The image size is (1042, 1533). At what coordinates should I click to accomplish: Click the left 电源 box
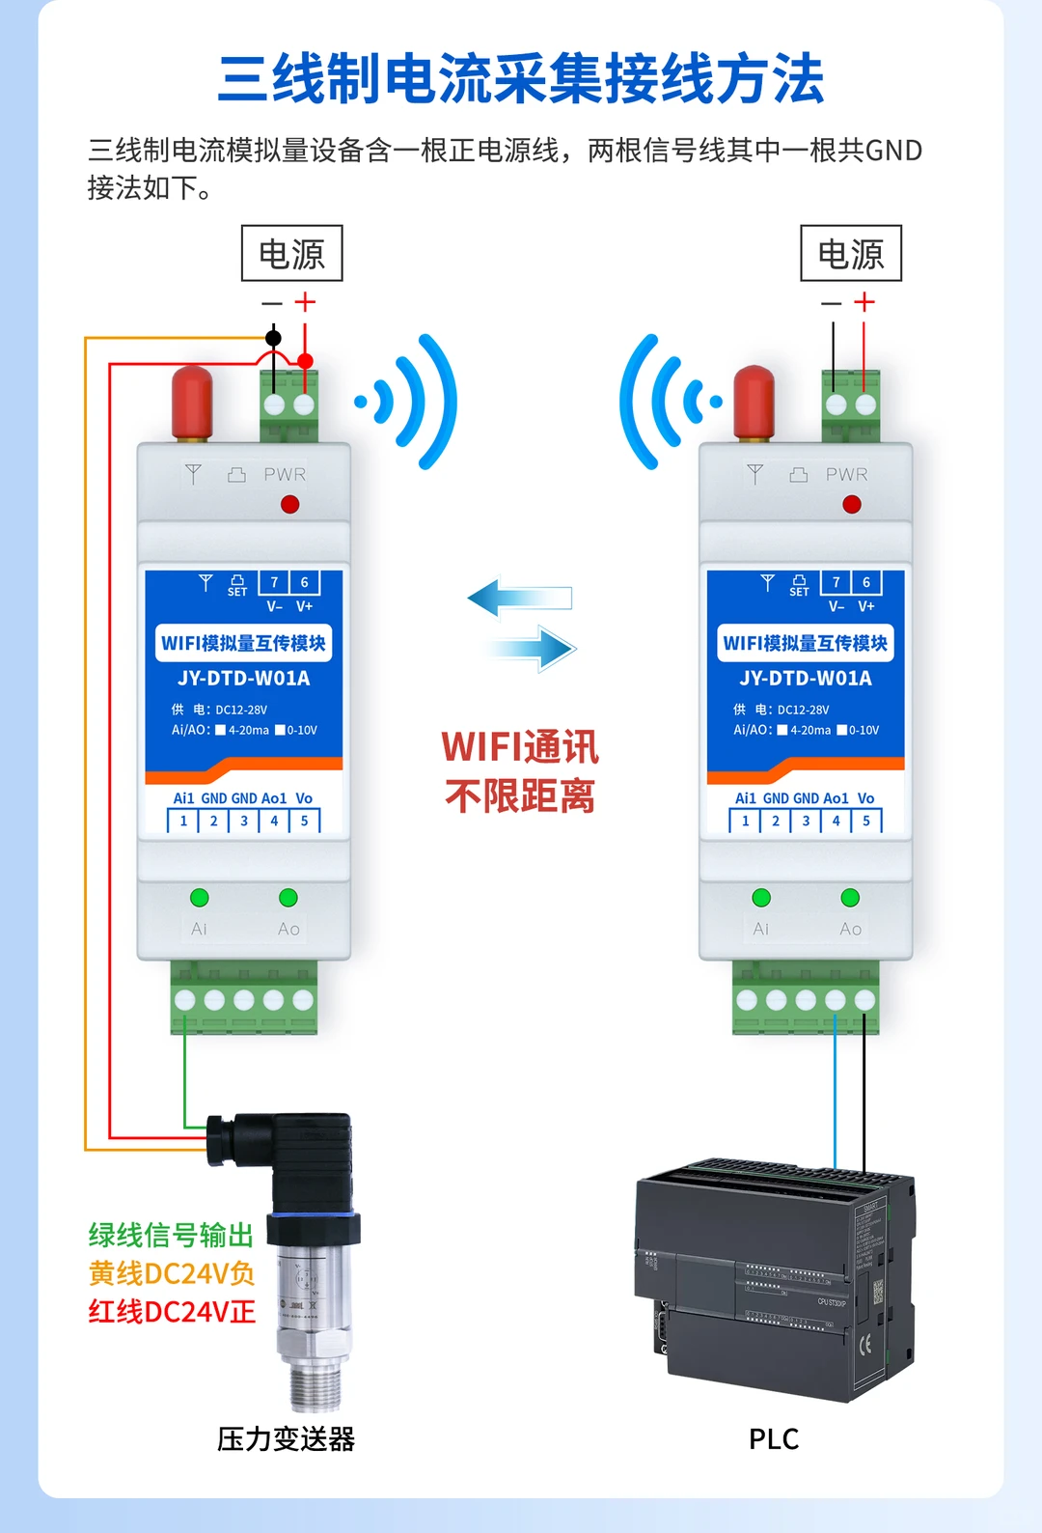pos(291,254)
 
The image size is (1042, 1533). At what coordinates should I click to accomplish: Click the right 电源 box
pos(851,254)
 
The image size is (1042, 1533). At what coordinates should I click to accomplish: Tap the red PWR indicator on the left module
pos(289,504)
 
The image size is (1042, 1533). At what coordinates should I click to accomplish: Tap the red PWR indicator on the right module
pos(851,504)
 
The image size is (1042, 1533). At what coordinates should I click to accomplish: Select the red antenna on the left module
pos(192,401)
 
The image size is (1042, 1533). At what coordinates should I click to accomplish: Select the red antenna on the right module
pos(754,401)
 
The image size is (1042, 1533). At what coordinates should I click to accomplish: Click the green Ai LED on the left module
pos(200,898)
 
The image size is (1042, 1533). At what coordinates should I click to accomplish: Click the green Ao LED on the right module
pos(850,898)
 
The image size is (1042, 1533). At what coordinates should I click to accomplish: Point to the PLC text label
pos(774,1439)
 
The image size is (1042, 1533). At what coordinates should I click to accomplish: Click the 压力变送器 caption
pos(286,1439)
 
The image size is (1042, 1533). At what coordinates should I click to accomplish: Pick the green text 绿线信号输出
pos(171,1236)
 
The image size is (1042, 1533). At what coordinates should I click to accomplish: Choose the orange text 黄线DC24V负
pos(171,1274)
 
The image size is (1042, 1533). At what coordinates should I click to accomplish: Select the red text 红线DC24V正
pos(171,1312)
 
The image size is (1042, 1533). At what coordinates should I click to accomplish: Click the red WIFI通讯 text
pos(520,747)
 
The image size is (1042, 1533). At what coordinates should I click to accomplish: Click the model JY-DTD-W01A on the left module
pos(244,679)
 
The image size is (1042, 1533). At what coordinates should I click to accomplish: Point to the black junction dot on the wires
pos(274,338)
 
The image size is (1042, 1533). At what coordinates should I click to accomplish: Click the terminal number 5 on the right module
pos(866,822)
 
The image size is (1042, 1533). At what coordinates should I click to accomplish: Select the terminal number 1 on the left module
pos(183,822)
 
